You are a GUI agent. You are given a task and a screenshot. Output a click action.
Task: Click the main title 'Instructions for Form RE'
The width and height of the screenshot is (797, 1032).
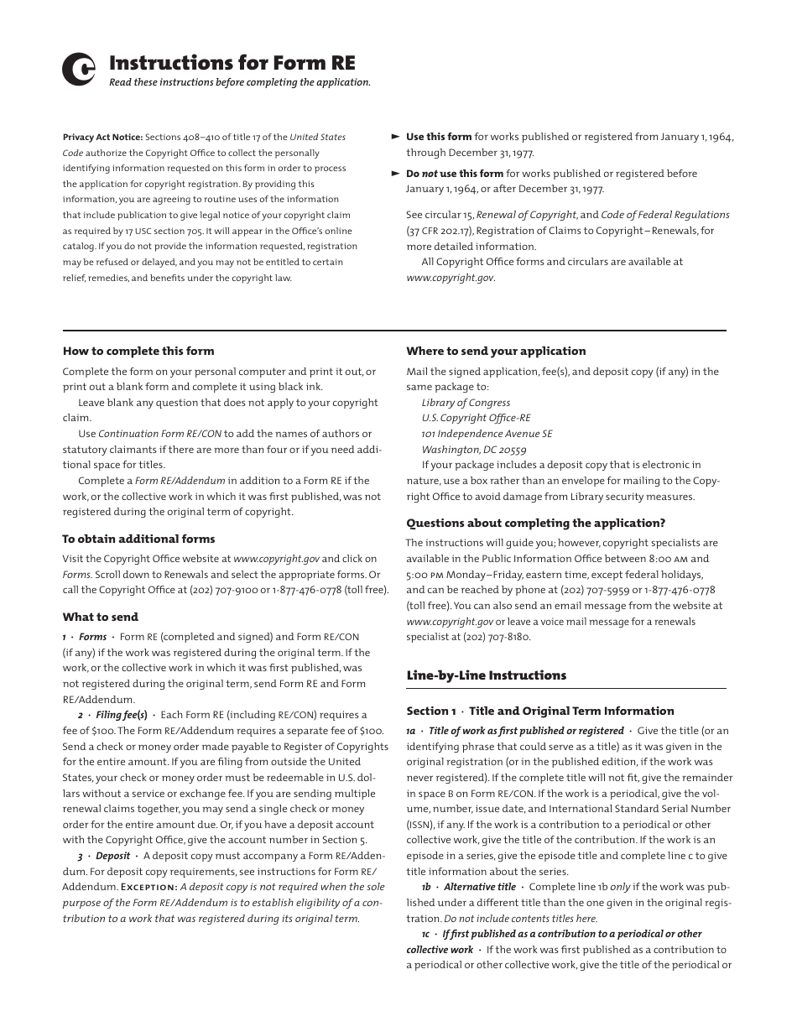(x=232, y=64)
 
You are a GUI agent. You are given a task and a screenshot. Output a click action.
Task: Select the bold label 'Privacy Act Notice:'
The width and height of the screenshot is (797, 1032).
(x=102, y=138)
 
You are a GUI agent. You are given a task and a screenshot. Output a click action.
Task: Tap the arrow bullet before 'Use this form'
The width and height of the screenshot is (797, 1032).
(x=396, y=137)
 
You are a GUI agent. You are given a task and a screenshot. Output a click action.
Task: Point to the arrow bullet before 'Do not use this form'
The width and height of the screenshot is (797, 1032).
(x=396, y=174)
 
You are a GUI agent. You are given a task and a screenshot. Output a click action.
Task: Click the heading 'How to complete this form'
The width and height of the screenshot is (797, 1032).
(x=138, y=352)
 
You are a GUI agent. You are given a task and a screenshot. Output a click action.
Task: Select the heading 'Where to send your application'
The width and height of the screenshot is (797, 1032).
(x=496, y=352)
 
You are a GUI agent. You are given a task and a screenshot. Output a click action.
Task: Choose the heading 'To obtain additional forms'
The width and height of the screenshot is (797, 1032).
(x=138, y=539)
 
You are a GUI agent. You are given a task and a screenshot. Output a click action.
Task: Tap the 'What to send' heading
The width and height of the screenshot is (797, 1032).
(x=100, y=618)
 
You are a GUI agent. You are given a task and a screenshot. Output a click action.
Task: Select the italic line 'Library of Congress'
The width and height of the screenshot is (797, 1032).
(x=466, y=403)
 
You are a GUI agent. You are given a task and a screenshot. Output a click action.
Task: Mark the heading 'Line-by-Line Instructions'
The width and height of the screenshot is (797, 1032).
(x=486, y=675)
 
